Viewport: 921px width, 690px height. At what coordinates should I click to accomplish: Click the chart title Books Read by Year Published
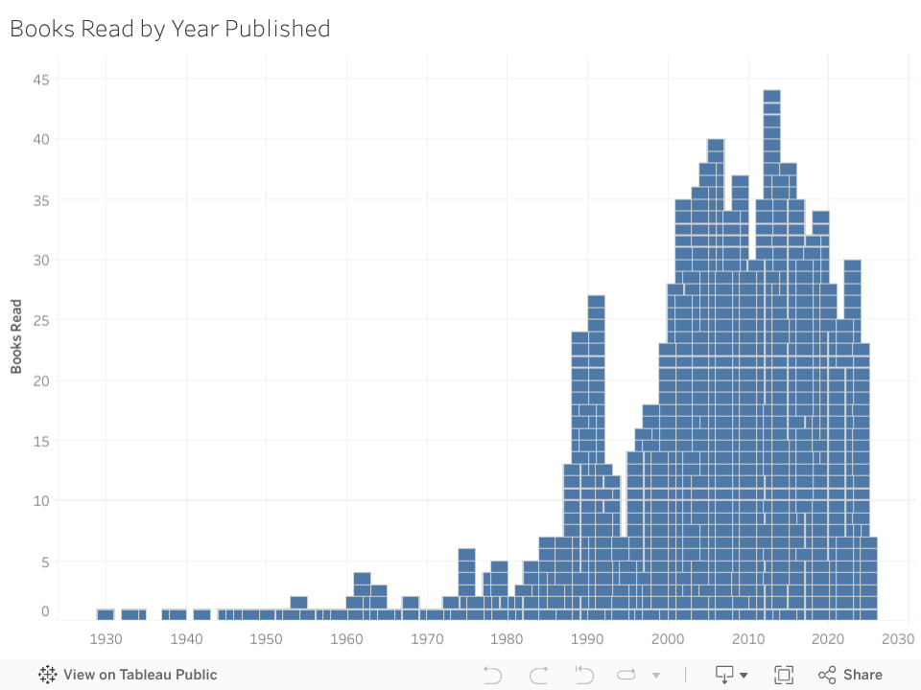click(x=170, y=29)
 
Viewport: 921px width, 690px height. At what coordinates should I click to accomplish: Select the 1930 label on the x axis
click(x=106, y=639)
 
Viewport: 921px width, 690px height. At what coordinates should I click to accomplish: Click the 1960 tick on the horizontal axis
click(x=346, y=639)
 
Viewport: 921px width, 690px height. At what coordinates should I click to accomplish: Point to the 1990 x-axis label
click(x=587, y=639)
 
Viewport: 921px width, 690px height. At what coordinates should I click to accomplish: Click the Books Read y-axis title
click(x=16, y=335)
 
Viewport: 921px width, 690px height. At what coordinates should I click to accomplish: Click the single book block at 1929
click(x=106, y=613)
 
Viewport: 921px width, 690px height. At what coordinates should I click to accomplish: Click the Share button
click(x=851, y=675)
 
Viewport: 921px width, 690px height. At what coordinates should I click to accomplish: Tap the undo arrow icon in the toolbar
click(x=492, y=675)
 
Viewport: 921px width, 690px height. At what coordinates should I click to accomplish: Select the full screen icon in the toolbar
click(x=784, y=675)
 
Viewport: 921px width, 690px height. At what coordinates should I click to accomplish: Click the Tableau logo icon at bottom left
click(x=48, y=675)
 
